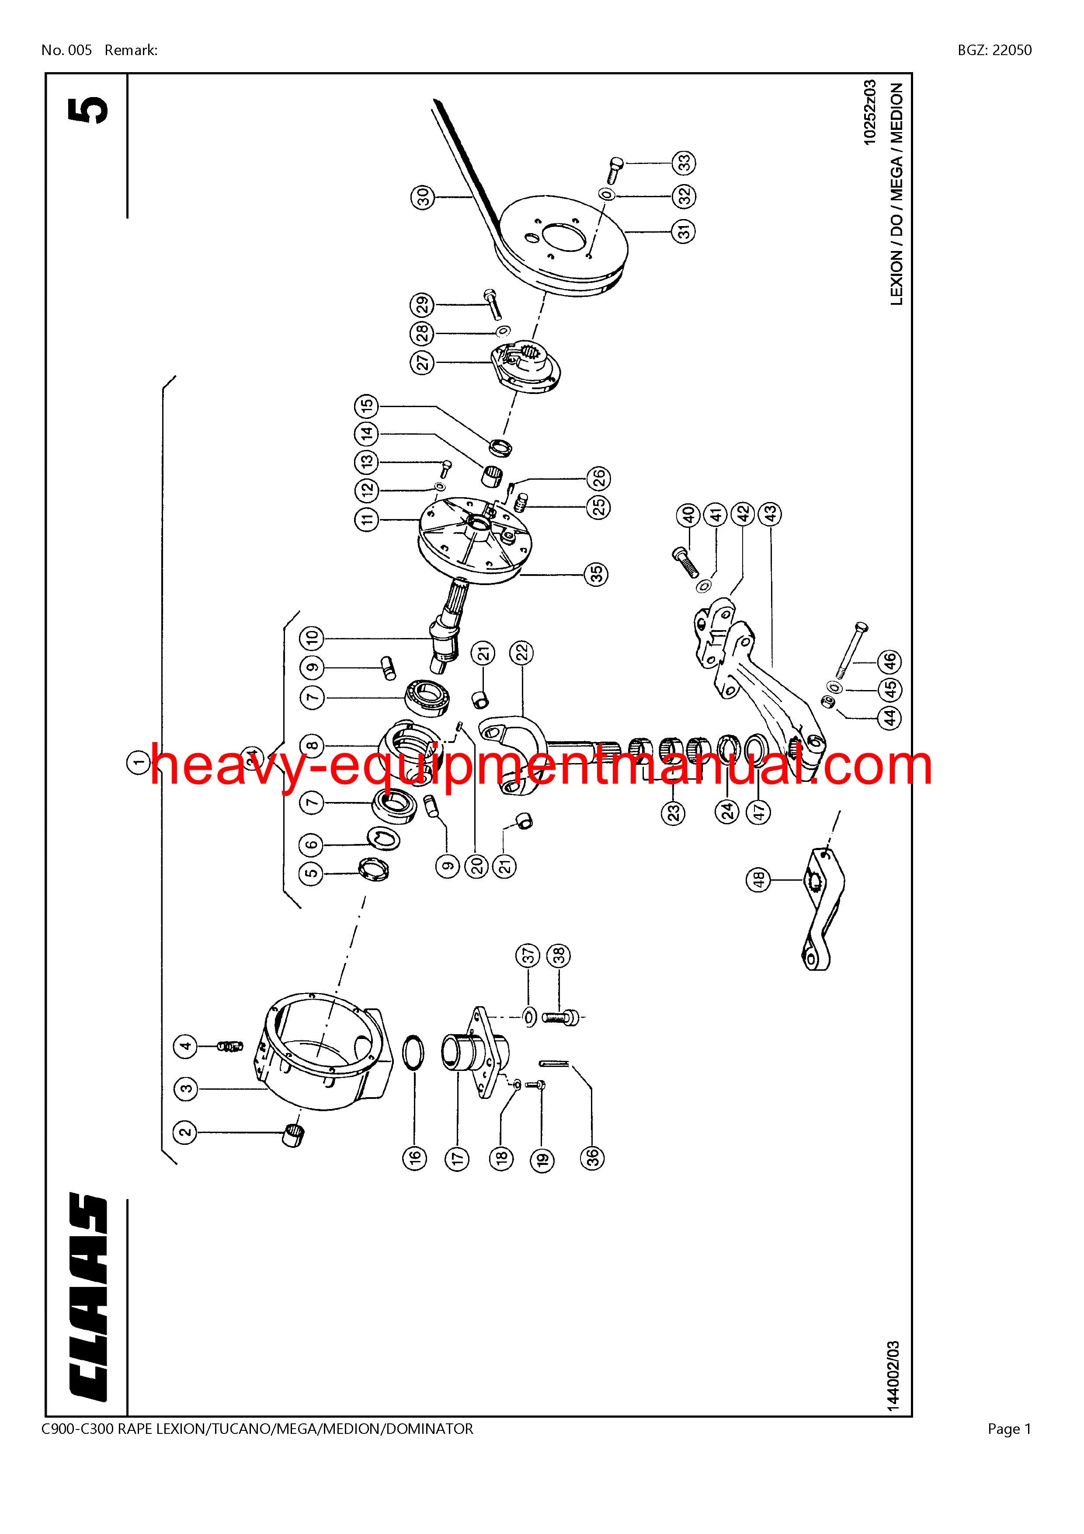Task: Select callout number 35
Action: coord(597,573)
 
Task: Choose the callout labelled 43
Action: coord(770,514)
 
